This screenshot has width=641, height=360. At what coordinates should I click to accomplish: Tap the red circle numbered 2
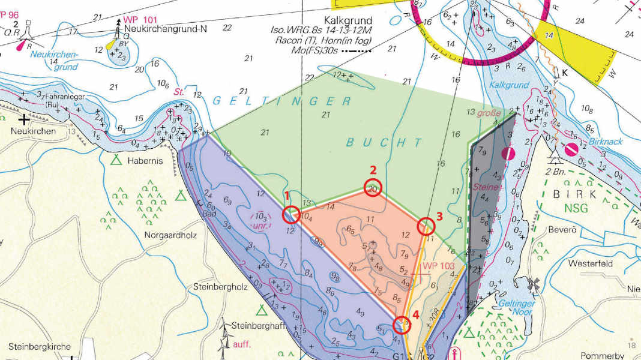tap(373, 188)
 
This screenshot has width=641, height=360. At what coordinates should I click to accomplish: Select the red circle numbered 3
tap(426, 226)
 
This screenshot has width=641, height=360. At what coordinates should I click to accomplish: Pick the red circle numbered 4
tap(402, 325)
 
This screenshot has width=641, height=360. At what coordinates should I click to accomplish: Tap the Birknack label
tap(605, 142)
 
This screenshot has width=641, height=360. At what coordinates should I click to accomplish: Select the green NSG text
tap(576, 208)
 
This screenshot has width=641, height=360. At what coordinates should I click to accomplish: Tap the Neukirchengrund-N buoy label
tap(161, 28)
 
